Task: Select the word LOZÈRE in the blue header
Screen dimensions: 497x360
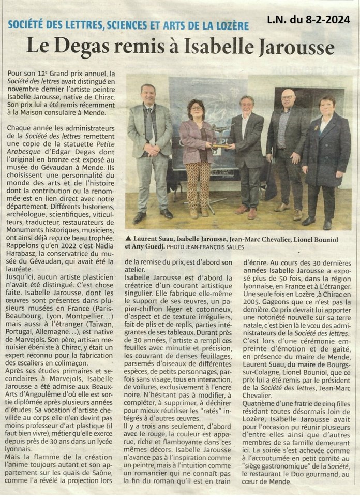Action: (x=228, y=25)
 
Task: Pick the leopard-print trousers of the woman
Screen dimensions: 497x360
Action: (x=197, y=184)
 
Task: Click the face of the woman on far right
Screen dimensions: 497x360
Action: (x=327, y=107)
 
